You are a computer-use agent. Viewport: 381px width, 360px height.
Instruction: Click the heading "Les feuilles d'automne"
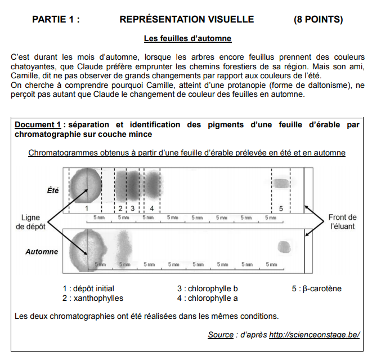click(187, 39)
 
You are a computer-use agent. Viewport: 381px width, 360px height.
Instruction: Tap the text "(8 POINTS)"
click(318, 19)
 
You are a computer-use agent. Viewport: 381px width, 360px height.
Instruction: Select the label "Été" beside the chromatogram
click(52, 190)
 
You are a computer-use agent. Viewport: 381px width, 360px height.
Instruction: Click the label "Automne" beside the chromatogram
click(42, 252)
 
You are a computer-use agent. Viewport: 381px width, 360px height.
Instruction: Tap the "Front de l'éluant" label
click(342, 222)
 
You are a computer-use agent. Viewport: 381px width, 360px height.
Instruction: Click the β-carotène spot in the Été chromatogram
click(280, 183)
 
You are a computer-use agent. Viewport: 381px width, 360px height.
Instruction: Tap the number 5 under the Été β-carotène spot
click(281, 208)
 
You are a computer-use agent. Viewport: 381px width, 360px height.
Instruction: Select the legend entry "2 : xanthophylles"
click(93, 298)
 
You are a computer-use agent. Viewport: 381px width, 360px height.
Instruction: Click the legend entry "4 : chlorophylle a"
click(207, 298)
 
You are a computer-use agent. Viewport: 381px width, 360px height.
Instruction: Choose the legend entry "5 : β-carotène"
click(316, 288)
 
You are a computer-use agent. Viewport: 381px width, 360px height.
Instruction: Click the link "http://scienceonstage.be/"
click(314, 335)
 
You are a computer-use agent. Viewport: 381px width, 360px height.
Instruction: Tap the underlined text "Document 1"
click(38, 125)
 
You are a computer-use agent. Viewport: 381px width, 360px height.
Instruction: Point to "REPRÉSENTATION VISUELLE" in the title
click(186, 19)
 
